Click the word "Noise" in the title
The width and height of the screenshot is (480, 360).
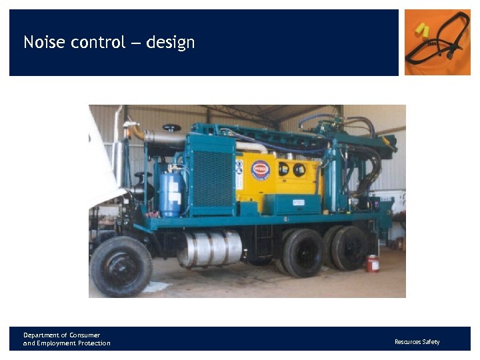pos(41,43)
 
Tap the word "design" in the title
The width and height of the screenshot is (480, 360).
pos(171,43)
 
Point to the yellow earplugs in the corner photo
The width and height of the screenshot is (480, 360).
pos(421,30)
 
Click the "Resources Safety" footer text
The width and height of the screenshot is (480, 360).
pos(417,342)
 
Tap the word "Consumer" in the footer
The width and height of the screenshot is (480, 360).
pos(83,335)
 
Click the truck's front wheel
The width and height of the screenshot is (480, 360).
pos(121,267)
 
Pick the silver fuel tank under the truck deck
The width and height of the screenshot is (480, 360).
pos(210,249)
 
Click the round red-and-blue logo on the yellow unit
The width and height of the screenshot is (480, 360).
pos(260,169)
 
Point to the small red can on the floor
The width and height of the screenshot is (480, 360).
pos(373,263)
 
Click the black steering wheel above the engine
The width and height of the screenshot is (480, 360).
pos(172,127)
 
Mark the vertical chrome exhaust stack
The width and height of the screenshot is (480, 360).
pos(118,150)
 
